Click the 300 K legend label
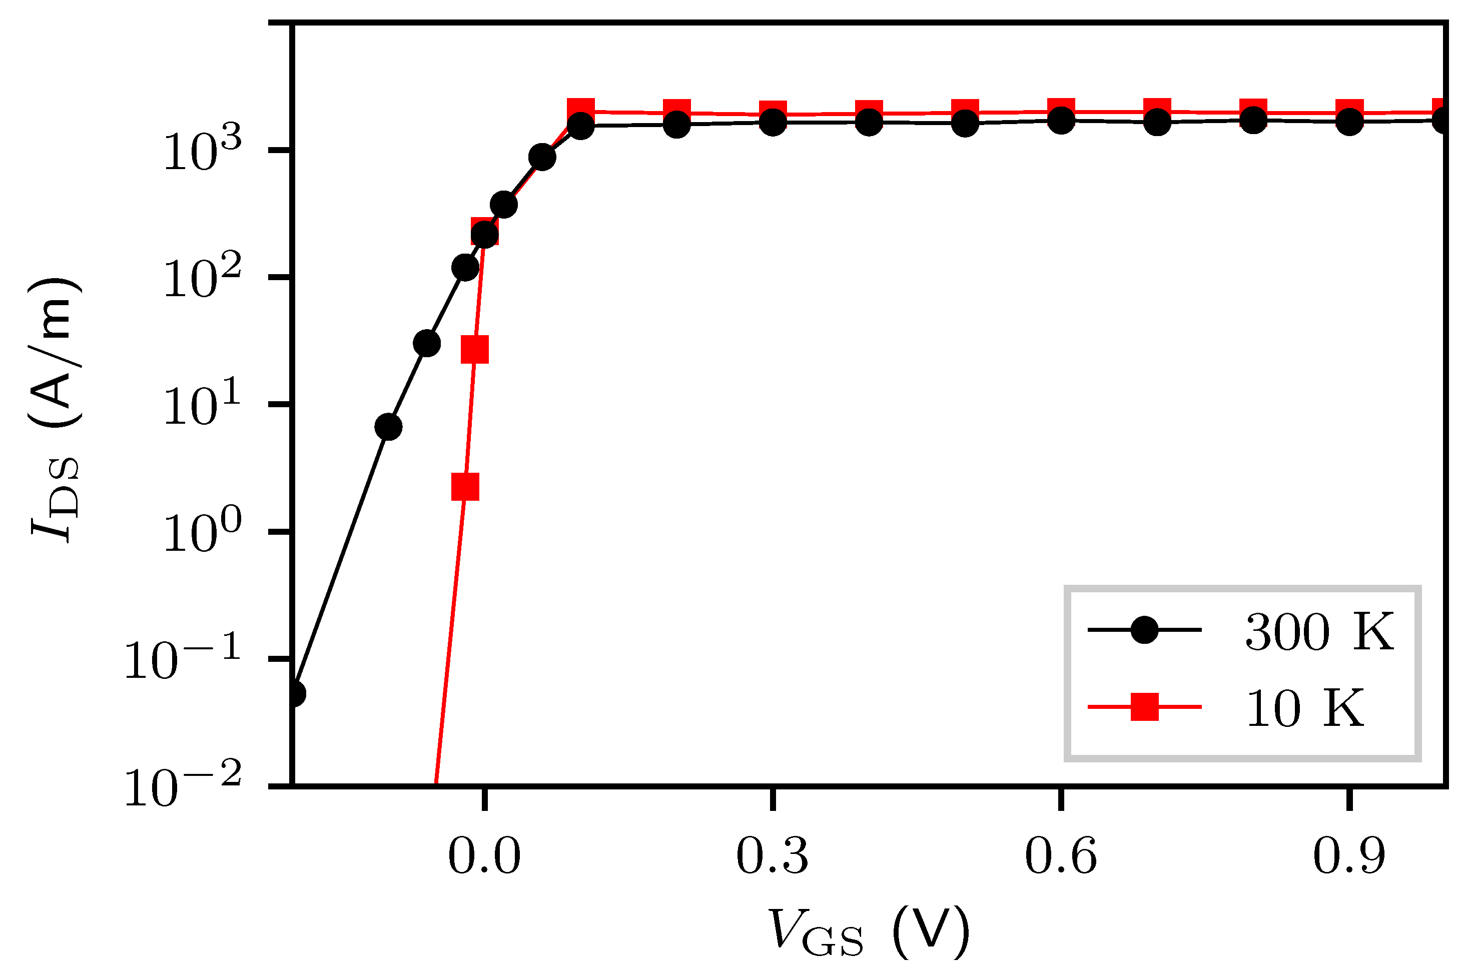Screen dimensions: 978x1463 pyautogui.click(x=1319, y=632)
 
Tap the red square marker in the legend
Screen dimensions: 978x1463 pyautogui.click(x=1145, y=707)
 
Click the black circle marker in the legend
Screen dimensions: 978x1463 pyautogui.click(x=1145, y=630)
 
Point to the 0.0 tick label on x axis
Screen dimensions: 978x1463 pyautogui.click(x=484, y=857)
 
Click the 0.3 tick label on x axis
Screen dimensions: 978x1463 pyautogui.click(x=773, y=857)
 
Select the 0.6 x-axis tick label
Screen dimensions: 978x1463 pyautogui.click(x=1061, y=857)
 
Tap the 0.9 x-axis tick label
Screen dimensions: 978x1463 pyautogui.click(x=1349, y=857)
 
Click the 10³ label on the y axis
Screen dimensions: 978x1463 pyautogui.click(x=202, y=152)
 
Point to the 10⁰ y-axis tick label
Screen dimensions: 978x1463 pyautogui.click(x=202, y=533)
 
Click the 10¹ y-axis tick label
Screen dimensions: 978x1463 pyautogui.click(x=202, y=406)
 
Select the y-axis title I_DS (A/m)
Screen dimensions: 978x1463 pyautogui.click(x=55, y=410)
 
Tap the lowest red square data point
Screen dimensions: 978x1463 pyautogui.click(x=465, y=487)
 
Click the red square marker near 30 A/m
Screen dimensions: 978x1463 pyautogui.click(x=475, y=349)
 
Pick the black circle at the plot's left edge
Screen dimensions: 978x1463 pyautogui.click(x=295, y=693)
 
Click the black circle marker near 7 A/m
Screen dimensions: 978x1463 pyautogui.click(x=388, y=427)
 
